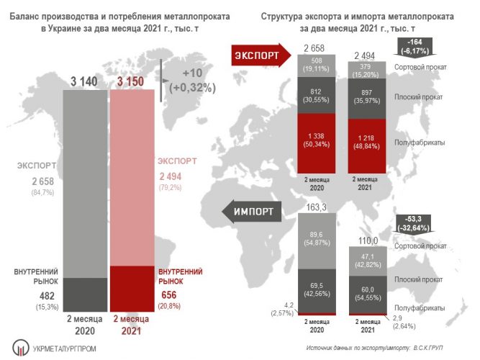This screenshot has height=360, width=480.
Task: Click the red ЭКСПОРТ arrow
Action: [261, 55]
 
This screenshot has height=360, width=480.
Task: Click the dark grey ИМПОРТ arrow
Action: [252, 212]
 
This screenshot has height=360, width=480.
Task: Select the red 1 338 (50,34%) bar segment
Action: [316, 143]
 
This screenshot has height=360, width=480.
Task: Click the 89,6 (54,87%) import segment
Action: [317, 240]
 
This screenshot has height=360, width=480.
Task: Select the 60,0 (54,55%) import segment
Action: [368, 294]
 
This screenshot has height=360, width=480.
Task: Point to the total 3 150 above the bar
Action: [130, 81]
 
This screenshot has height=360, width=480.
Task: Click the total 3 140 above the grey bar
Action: [84, 81]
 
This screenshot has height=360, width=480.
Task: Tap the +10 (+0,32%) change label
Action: [193, 80]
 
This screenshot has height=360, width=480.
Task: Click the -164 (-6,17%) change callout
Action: [415, 47]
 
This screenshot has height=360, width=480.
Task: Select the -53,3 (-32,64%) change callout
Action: [413, 224]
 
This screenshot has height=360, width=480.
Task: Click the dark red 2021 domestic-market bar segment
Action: [132, 289]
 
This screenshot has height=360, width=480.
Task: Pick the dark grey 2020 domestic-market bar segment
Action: [85, 294]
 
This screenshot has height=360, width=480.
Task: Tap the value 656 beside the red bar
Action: [168, 295]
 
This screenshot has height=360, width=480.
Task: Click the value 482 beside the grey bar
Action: [47, 296]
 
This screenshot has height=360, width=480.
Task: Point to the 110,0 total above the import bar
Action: [368, 241]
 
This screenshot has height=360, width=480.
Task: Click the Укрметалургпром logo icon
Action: [21, 348]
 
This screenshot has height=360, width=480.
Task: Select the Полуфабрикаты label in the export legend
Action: [420, 143]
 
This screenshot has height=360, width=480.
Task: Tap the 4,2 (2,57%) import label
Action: [282, 309]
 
